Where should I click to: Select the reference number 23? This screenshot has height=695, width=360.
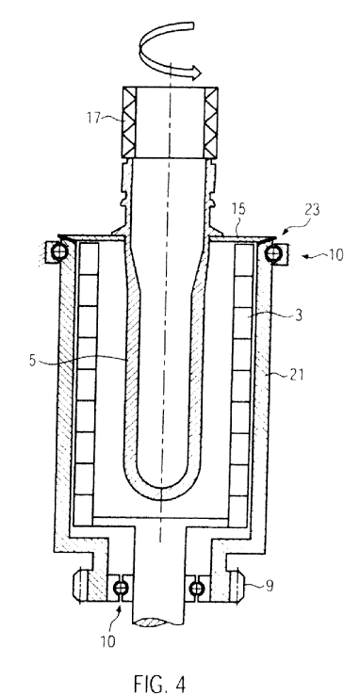313,210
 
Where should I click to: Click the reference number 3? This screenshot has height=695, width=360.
299,315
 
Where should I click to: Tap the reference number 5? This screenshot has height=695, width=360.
32,360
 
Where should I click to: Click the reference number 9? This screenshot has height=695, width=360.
270,586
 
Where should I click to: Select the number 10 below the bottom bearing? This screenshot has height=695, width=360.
108,641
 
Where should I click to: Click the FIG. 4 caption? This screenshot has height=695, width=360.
160,683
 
